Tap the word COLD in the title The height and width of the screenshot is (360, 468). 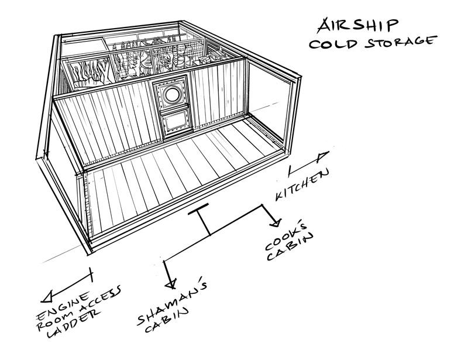tap(333, 44)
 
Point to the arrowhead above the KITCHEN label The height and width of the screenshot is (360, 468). tap(323, 156)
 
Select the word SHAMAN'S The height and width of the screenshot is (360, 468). tap(171, 302)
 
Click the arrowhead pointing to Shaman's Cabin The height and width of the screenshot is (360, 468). tap(171, 284)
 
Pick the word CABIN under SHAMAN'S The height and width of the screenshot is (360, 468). tap(167, 320)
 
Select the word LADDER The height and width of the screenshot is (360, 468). tap(73, 324)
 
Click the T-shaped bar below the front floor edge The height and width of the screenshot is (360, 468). tap(202, 220)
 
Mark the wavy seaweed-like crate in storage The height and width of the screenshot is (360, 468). tap(88, 74)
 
